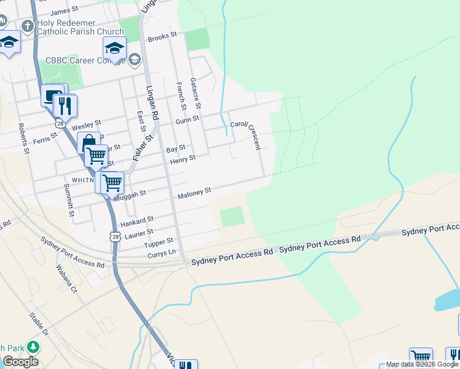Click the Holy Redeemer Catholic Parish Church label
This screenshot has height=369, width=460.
(81, 27)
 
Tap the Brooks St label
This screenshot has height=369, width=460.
(162, 37)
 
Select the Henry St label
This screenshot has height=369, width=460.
(183, 160)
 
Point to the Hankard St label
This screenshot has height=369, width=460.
(137, 220)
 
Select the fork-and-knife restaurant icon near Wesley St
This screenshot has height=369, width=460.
(65, 106)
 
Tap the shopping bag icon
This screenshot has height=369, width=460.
(89, 143)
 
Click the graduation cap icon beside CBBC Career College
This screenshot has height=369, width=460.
(114, 48)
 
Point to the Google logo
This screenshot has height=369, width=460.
(20, 362)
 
